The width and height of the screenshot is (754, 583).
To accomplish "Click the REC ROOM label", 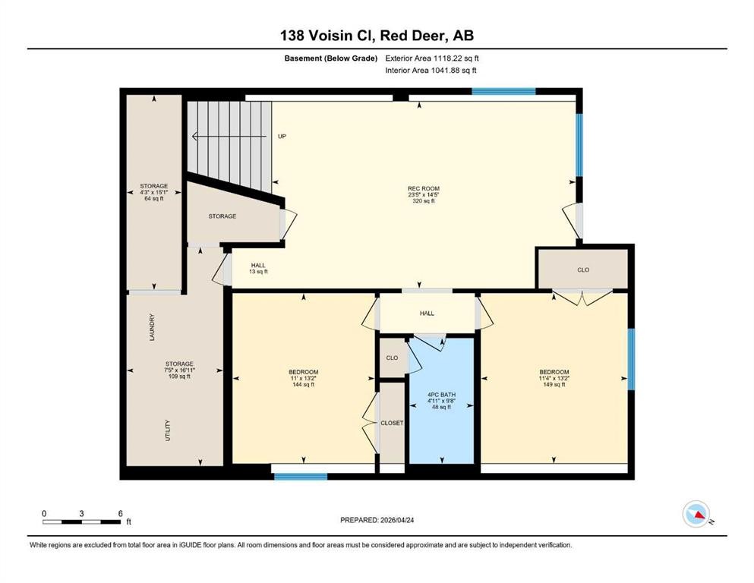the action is coord(424,188).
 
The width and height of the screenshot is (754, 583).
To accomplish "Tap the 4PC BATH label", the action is coord(441,395).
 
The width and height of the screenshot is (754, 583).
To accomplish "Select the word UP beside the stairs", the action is coord(282,137).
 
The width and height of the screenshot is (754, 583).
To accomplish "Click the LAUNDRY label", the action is coord(152,327).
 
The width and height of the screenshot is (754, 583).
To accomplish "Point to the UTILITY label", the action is coord(168,430).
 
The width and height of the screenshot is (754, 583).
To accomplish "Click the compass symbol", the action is coord(696,514).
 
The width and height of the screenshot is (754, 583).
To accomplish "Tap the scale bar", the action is coord(82,522).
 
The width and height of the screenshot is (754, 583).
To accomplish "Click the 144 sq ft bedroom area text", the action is coord(304,385).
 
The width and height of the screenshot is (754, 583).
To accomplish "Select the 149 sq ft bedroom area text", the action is coord(554,385).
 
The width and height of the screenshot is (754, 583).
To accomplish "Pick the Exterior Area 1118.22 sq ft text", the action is coord(432,58).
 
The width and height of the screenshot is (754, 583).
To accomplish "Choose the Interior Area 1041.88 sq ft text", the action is coord(431,70).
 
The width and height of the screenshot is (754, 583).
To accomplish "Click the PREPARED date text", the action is coord(376,520).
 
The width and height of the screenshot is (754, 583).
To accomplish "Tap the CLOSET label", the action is coord(392,423).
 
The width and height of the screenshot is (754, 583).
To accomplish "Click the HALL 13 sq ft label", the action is coord(258,268).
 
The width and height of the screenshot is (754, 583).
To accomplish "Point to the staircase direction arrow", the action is coord(229,137).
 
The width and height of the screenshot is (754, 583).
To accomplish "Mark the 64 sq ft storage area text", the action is coord(154,198).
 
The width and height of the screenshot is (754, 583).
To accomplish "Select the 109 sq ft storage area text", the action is coord(179,377).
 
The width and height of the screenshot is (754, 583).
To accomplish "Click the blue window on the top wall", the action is coord(503,91).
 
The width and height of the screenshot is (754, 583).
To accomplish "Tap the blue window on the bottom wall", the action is coord(301,477).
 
